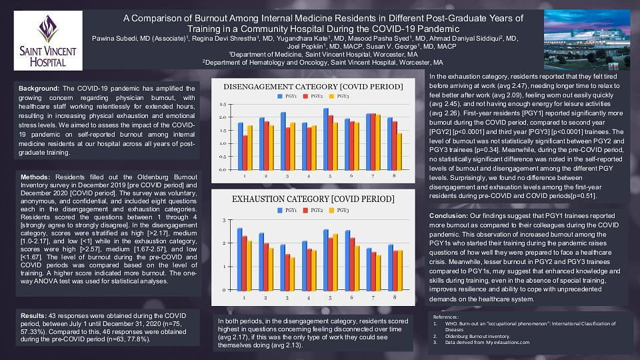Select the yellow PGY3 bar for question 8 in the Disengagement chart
pos(399,151)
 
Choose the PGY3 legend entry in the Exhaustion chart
pos(340,210)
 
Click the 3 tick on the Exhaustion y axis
pos(225,221)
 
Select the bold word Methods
pos(35,177)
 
